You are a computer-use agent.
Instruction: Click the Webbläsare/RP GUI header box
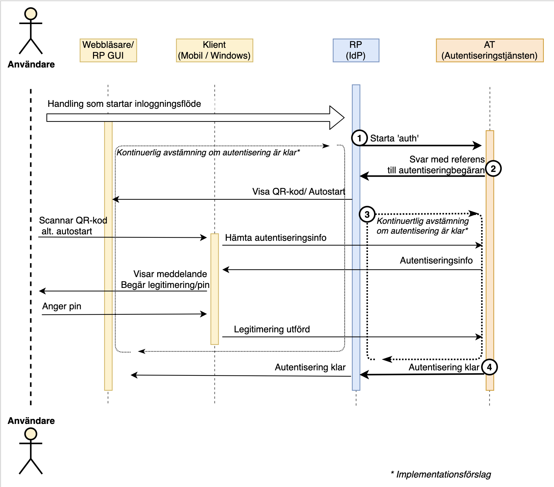[x=108, y=50]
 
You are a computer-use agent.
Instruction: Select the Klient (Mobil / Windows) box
[x=215, y=50]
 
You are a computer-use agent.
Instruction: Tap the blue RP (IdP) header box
[x=356, y=50]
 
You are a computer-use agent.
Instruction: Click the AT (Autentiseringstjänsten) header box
[x=490, y=50]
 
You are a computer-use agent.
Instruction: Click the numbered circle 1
[x=359, y=138]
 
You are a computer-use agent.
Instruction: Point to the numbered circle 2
[x=493, y=169]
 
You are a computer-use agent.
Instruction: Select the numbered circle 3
[x=367, y=214]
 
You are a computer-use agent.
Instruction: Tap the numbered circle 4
[x=490, y=367]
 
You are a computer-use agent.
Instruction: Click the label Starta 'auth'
[x=394, y=138]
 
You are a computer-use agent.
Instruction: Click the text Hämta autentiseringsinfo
[x=276, y=238]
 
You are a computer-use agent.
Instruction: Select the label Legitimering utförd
[x=272, y=329]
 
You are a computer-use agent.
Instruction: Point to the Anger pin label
[x=62, y=306]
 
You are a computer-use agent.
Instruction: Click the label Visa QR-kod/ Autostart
[x=298, y=192]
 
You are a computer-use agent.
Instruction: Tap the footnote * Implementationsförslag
[x=441, y=474]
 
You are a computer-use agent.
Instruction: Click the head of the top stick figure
[x=31, y=14]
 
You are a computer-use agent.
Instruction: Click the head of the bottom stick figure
[x=31, y=434]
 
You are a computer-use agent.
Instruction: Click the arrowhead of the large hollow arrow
[x=337, y=118]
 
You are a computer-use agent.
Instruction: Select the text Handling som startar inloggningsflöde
[x=124, y=104]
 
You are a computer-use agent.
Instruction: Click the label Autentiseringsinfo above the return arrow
[x=436, y=260]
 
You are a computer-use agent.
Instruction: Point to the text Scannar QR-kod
[x=73, y=220]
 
